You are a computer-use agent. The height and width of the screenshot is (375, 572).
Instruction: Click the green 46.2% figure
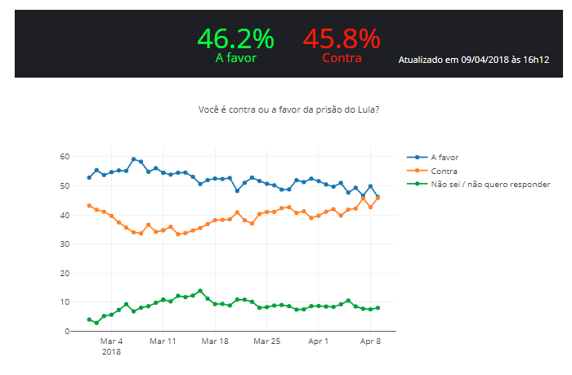click(235, 38)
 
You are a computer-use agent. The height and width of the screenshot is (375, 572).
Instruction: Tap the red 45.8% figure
click(341, 38)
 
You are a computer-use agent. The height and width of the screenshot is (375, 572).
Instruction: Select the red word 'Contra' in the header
click(342, 58)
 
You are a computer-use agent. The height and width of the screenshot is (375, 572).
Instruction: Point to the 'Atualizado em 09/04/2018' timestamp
click(473, 60)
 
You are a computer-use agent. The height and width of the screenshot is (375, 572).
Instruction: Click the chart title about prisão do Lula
click(288, 109)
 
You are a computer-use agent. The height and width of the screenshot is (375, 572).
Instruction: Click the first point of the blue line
click(89, 177)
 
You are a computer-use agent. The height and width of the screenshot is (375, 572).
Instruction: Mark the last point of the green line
click(378, 308)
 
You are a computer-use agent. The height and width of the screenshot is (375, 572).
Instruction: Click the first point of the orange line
click(89, 206)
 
